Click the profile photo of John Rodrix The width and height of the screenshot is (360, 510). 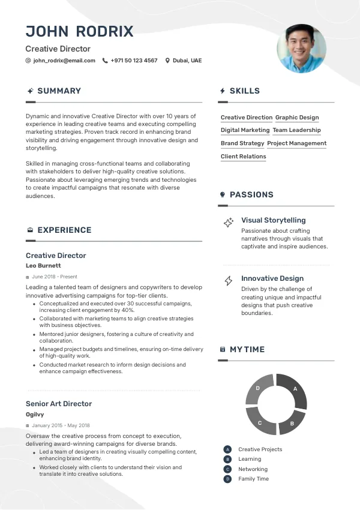coord(301,48)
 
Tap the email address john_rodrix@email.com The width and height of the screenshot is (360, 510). coord(64,61)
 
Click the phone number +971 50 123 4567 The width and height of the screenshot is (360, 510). coord(134,61)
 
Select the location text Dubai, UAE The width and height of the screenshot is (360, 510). coord(187,61)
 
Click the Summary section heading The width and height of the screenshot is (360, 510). coord(59,91)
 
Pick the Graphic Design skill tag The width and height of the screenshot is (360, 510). coord(297,118)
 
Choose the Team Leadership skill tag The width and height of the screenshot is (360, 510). coord(296,130)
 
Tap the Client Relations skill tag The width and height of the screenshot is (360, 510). coord(243,157)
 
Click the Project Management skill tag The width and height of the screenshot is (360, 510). coord(296,143)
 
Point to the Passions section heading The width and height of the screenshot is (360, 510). coord(251,194)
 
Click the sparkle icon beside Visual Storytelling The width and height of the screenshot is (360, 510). coord(229,223)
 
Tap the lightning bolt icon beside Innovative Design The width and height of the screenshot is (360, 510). coord(229,280)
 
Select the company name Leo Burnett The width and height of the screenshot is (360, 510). coord(43,265)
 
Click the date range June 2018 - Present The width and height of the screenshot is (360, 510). coord(55,277)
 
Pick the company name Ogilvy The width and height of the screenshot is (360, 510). coord(35,414)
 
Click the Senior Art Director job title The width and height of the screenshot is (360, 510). coord(59,404)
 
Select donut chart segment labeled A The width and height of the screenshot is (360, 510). coord(295,390)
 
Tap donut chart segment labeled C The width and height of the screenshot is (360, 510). coord(260,422)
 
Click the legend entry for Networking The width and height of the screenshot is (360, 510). coord(253,469)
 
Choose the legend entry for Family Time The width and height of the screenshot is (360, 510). coord(253,479)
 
